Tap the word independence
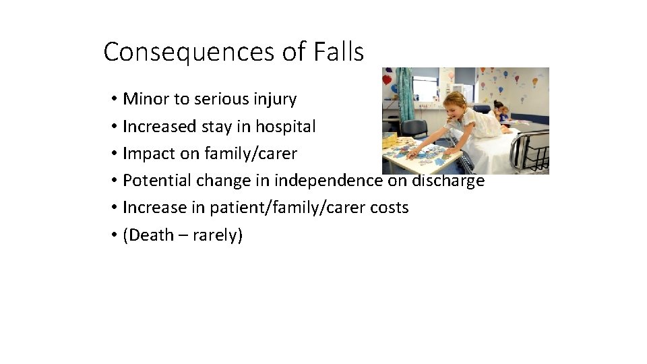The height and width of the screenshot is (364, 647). pos(328,181)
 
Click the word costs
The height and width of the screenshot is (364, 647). pos(389,208)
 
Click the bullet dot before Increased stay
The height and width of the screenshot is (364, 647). pos(116,127)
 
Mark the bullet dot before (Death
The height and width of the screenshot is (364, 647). pos(116,235)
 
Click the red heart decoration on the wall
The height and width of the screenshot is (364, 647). pos(387,79)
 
